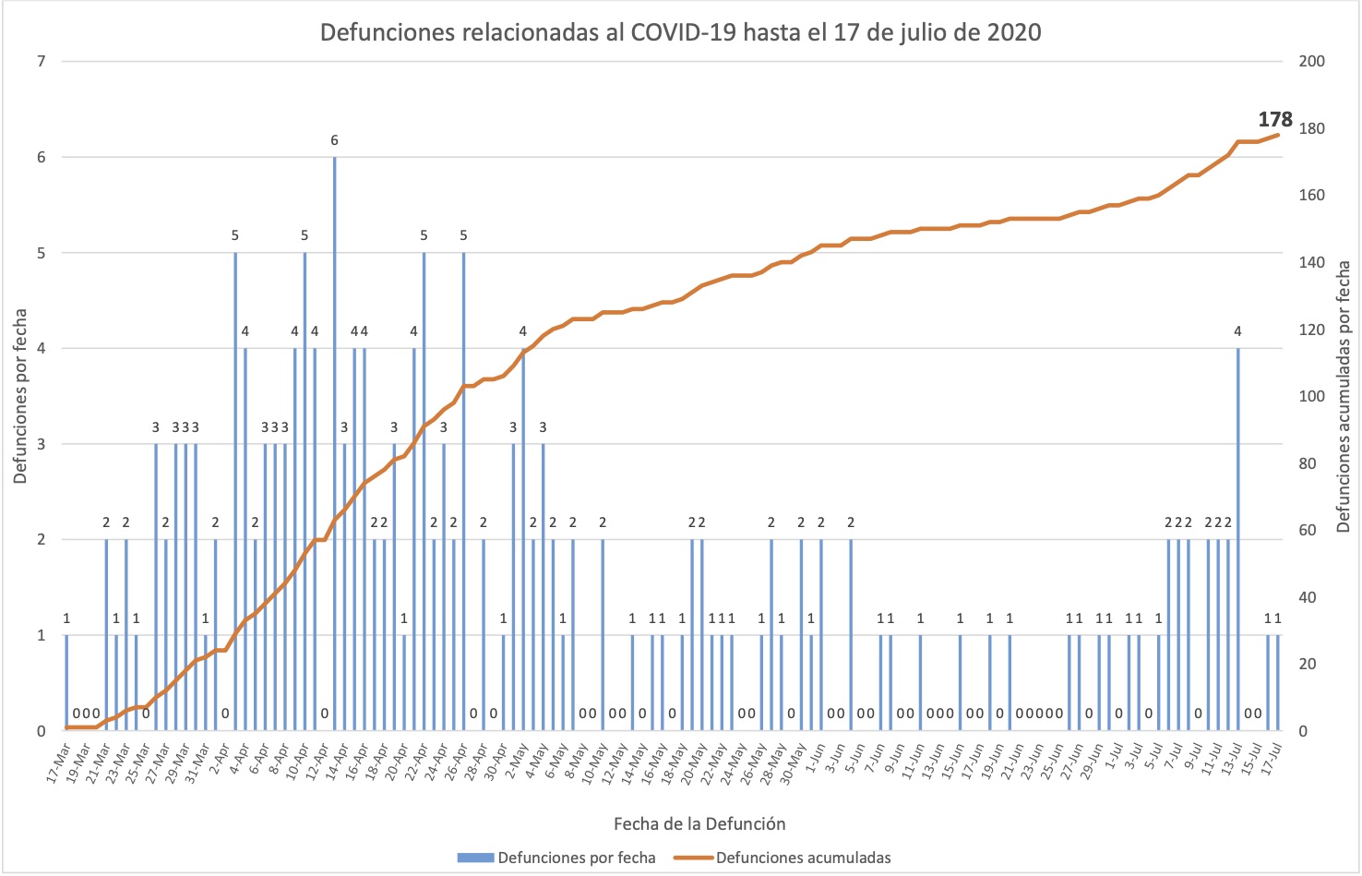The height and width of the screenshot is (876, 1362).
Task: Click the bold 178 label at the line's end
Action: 1275,119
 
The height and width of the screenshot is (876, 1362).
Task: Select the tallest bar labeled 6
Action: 334,443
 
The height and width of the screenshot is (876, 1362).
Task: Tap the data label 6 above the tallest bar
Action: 334,140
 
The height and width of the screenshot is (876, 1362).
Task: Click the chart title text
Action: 680,33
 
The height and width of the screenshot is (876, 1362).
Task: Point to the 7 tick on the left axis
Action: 41,62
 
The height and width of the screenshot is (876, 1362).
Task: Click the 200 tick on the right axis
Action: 1311,62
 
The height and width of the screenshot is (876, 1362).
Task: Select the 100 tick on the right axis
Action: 1311,397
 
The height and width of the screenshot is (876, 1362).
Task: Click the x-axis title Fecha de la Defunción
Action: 699,823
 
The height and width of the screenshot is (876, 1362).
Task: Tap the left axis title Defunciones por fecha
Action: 20,395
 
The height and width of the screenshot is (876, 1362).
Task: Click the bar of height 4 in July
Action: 1237,540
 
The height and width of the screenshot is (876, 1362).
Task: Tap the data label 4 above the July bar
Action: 1237,331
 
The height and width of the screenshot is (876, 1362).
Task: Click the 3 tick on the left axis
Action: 41,444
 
